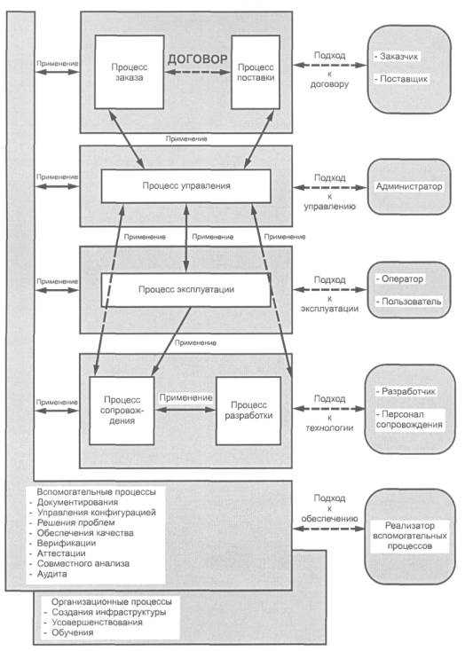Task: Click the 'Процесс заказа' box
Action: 130,72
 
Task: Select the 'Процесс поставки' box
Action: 256,72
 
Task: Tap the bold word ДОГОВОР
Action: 197,59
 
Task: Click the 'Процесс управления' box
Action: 186,186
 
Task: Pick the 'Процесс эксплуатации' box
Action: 186,290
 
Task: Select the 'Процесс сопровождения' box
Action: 122,410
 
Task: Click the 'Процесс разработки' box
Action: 248,410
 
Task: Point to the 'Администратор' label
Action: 409,186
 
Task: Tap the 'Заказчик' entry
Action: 397,57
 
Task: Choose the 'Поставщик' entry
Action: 401,78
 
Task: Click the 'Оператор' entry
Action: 399,279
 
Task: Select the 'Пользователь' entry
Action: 408,302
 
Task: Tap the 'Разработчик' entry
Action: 406,391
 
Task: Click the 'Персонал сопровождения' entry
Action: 409,420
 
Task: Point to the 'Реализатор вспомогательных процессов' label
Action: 410,536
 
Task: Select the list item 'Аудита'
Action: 49,574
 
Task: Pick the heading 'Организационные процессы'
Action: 111,601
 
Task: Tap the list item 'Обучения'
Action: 68,632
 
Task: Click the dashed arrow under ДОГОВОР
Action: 197,72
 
